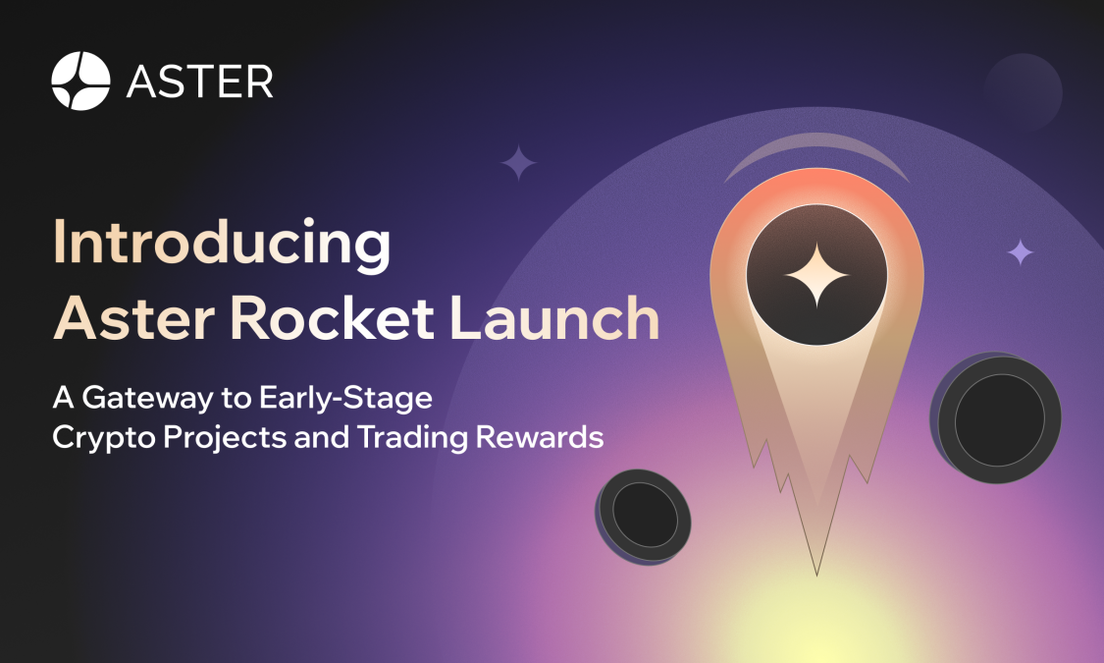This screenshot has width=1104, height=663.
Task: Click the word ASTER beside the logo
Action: click(200, 82)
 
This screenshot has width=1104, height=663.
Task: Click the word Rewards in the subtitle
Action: click(539, 437)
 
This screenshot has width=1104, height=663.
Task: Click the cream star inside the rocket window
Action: click(815, 274)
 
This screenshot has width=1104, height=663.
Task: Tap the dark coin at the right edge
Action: click(998, 420)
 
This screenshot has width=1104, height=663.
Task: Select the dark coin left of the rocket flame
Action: click(644, 516)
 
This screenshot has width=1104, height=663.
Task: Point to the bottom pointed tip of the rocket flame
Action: click(817, 572)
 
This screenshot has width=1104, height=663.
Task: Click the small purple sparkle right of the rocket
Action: click(1021, 252)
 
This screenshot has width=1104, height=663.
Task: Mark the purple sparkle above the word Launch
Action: click(518, 163)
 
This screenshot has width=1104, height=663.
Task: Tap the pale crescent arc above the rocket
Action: click(817, 151)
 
